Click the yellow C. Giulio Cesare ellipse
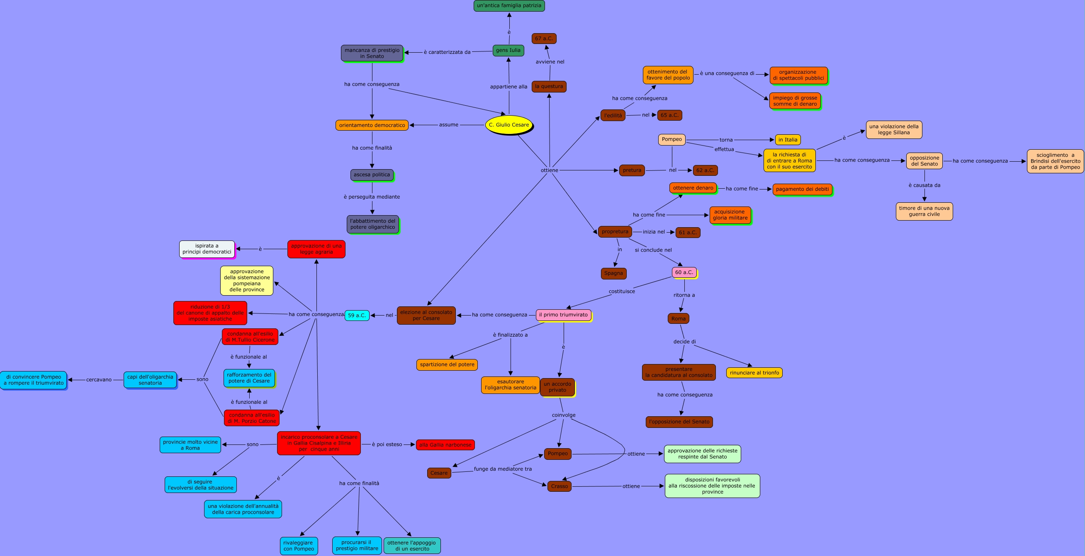pyautogui.click(x=509, y=125)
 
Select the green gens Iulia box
pyautogui.click(x=508, y=50)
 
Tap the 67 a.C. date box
pyautogui.click(x=544, y=38)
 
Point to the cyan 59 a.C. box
pyautogui.click(x=357, y=315)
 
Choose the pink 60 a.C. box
pyautogui.click(x=684, y=272)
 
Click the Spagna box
pyautogui.click(x=613, y=273)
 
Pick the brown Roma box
pyautogui.click(x=678, y=318)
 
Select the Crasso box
pyautogui.click(x=560, y=486)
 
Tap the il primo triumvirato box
pyautogui.click(x=563, y=315)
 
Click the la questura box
pyautogui.click(x=549, y=86)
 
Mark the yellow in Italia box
pyautogui.click(x=788, y=139)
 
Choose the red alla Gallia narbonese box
pyautogui.click(x=445, y=445)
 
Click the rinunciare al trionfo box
pyautogui.click(x=754, y=372)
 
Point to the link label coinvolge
pyautogui.click(x=564, y=415)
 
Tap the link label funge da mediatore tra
pyautogui.click(x=503, y=469)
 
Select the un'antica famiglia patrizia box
pyautogui.click(x=509, y=5)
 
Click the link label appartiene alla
pyautogui.click(x=508, y=86)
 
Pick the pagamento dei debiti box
pyautogui.click(x=802, y=189)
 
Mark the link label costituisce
pyautogui.click(x=622, y=291)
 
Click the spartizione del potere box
pyautogui.click(x=447, y=364)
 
